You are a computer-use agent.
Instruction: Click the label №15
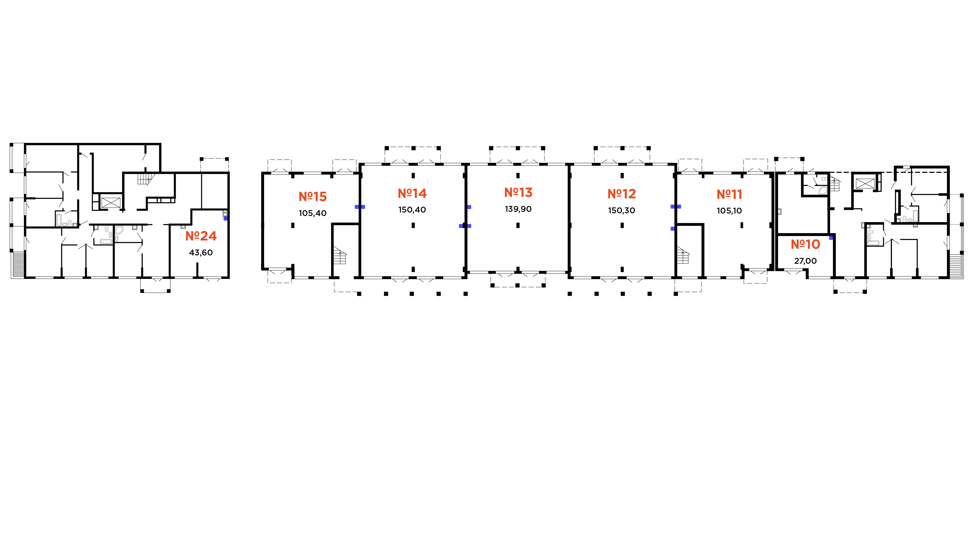[312, 197]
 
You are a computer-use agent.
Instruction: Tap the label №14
[412, 193]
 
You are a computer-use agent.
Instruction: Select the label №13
[518, 193]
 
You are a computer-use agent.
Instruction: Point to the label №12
[621, 194]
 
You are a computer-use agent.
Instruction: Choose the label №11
[729, 195]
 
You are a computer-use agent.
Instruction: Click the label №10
[805, 244]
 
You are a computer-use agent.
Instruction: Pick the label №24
[201, 236]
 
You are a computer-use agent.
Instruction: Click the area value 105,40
[312, 213]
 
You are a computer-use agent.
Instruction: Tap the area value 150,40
[412, 210]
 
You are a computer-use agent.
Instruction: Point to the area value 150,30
[621, 211]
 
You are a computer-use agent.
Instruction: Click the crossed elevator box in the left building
[111, 202]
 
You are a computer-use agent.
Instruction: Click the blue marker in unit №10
[831, 238]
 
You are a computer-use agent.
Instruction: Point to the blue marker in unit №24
[225, 219]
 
